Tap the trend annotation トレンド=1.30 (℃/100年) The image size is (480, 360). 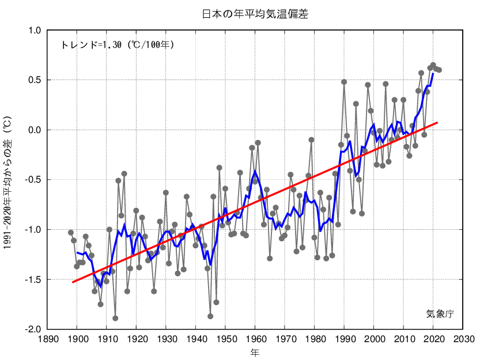tap(117, 44)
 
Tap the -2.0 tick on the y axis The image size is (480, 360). tap(32, 329)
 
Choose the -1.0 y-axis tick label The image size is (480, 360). tap(32, 229)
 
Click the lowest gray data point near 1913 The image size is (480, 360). tap(115, 318)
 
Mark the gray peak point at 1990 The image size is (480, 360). tap(344, 82)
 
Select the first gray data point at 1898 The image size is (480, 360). tap(71, 233)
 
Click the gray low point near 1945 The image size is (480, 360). tap(210, 316)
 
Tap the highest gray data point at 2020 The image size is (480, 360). tap(433, 65)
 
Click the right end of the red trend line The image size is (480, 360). tap(437, 123)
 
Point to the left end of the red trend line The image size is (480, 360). tap(73, 282)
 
